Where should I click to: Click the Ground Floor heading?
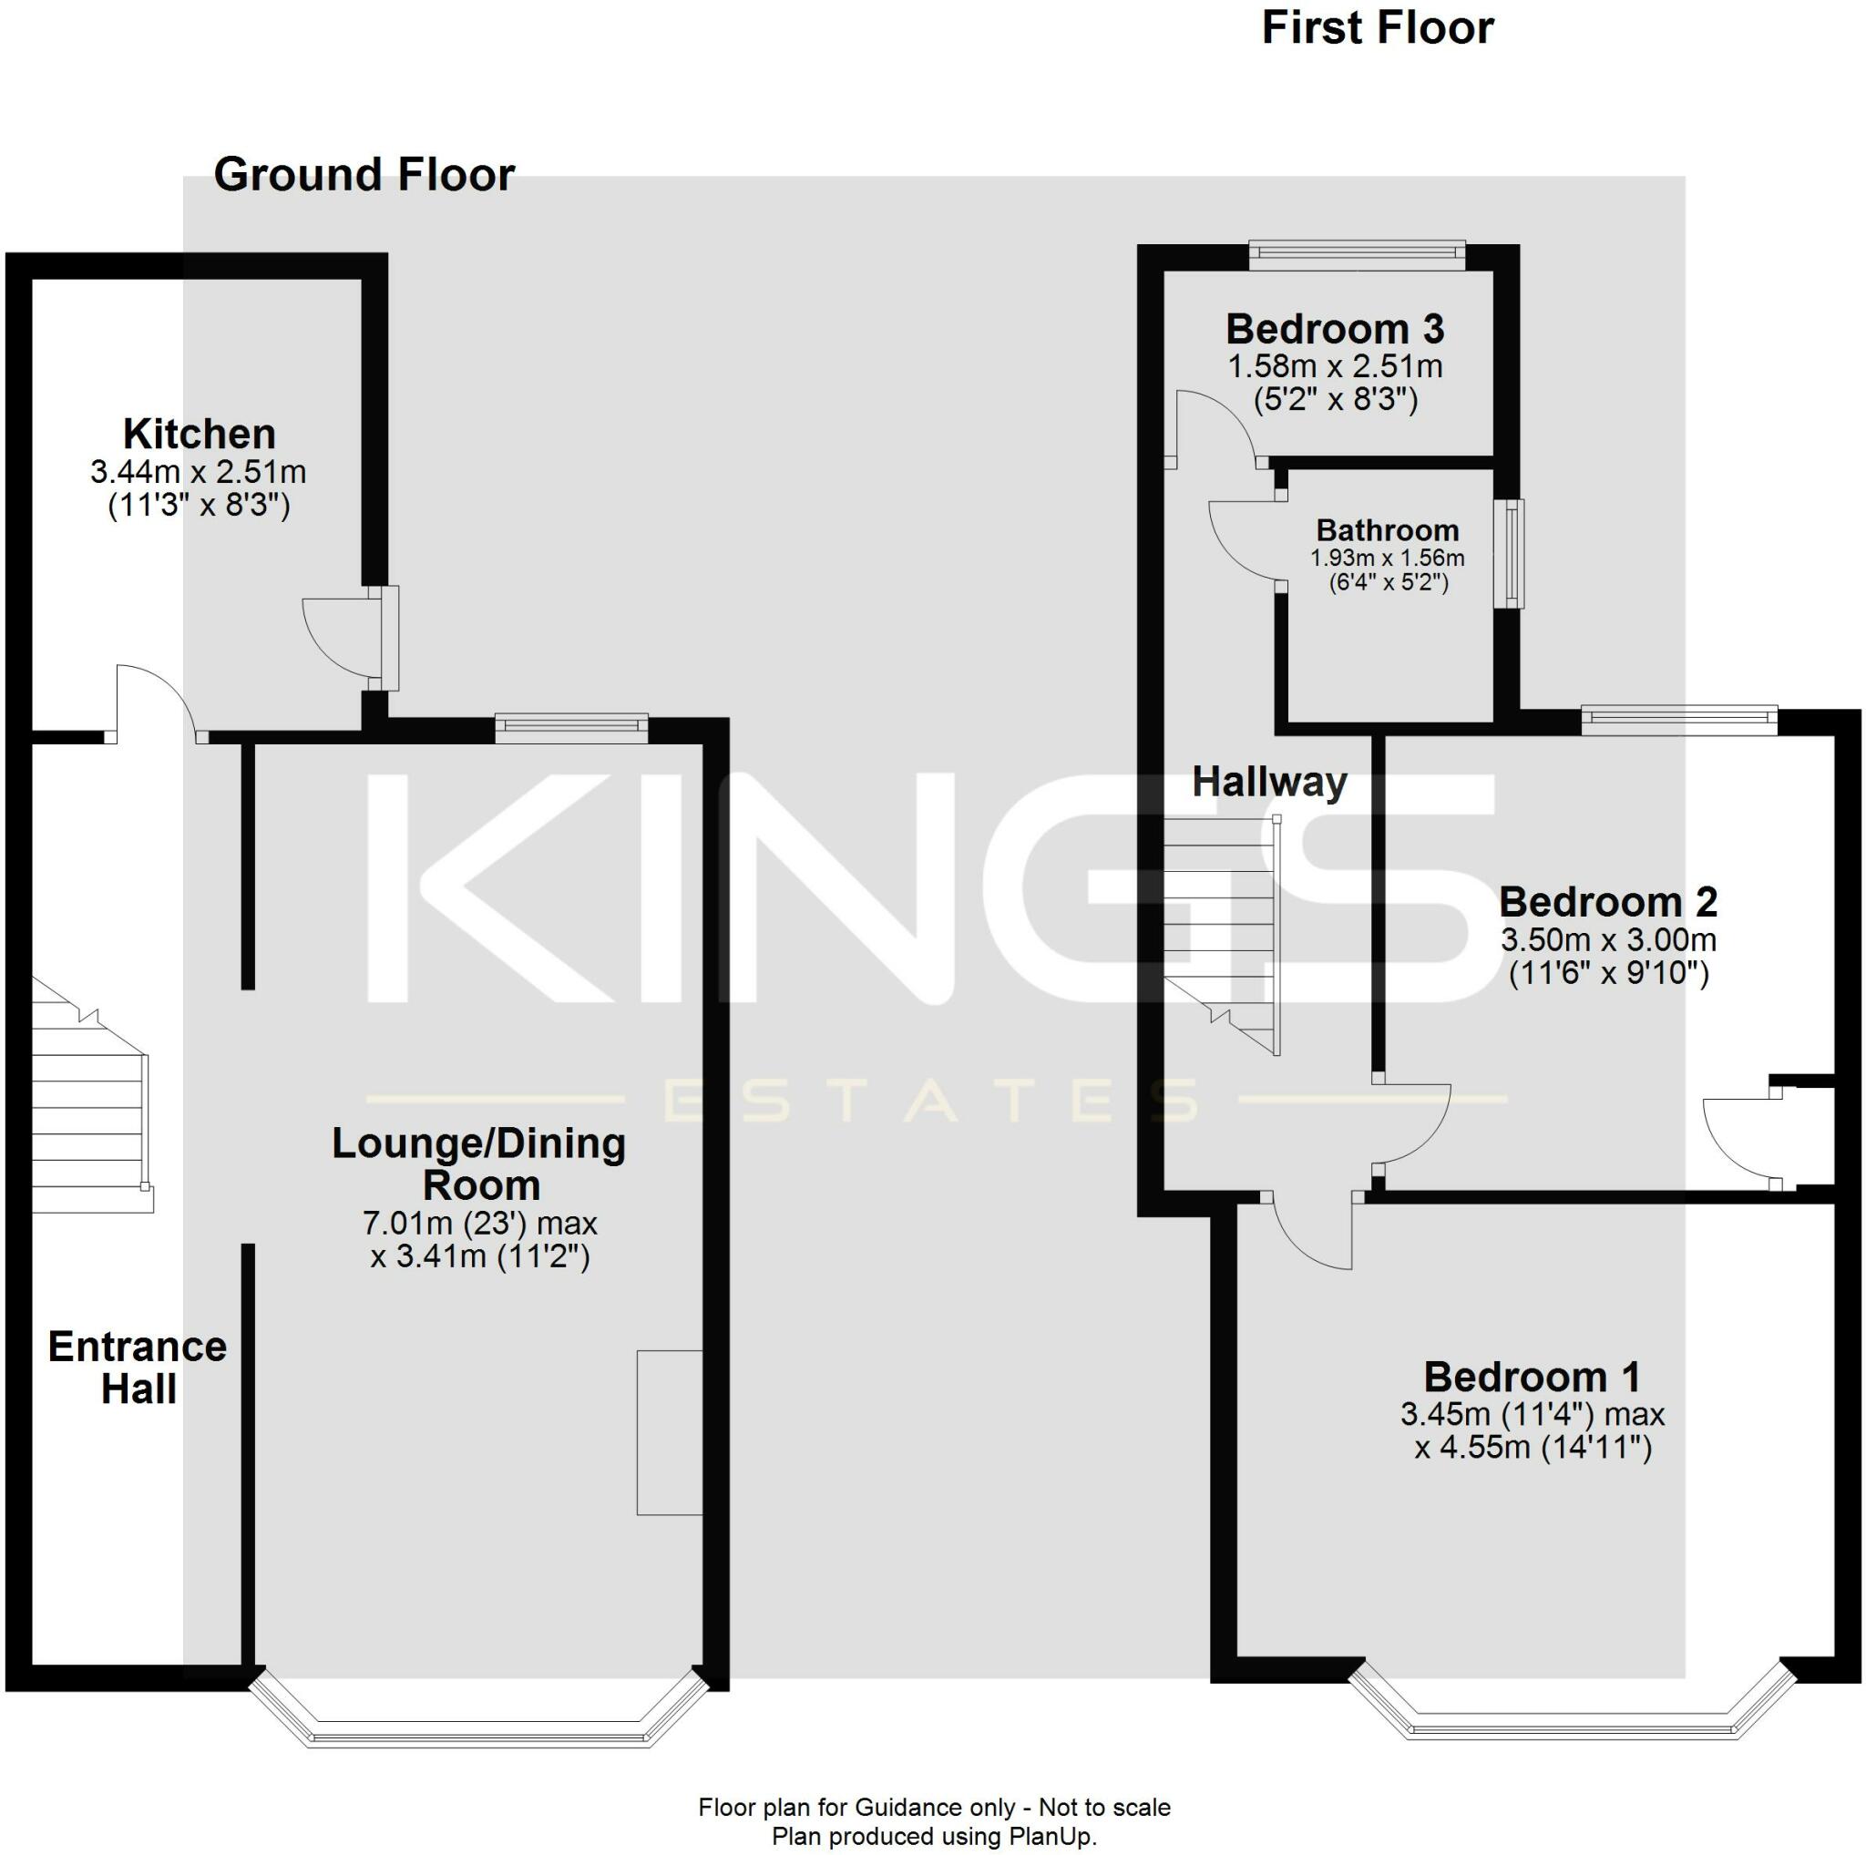point(364,176)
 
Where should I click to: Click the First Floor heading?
point(1377,28)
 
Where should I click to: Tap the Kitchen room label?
point(200,435)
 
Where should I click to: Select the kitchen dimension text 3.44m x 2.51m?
point(198,472)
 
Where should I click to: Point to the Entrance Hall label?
point(138,1368)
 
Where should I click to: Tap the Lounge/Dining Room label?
point(479,1163)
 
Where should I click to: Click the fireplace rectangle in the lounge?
point(669,1432)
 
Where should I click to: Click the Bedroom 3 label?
point(1334,330)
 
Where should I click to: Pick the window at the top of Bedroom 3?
point(1356,254)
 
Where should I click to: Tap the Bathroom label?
point(1387,530)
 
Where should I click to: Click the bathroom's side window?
point(1510,553)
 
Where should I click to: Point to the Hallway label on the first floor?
point(1268,782)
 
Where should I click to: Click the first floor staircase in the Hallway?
point(1222,932)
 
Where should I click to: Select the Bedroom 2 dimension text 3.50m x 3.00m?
point(1608,940)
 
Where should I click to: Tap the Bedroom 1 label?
point(1531,1377)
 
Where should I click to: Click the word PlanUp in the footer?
point(1055,1836)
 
